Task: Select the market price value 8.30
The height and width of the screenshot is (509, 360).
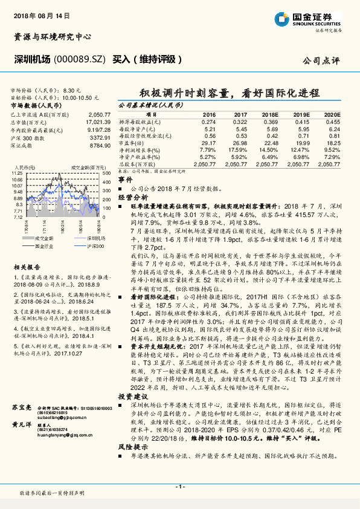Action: pyautogui.click(x=71, y=89)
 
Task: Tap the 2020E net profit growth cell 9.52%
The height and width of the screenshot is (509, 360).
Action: pyautogui.click(x=332, y=150)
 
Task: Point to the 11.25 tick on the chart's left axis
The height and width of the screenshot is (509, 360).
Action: pyautogui.click(x=17, y=173)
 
